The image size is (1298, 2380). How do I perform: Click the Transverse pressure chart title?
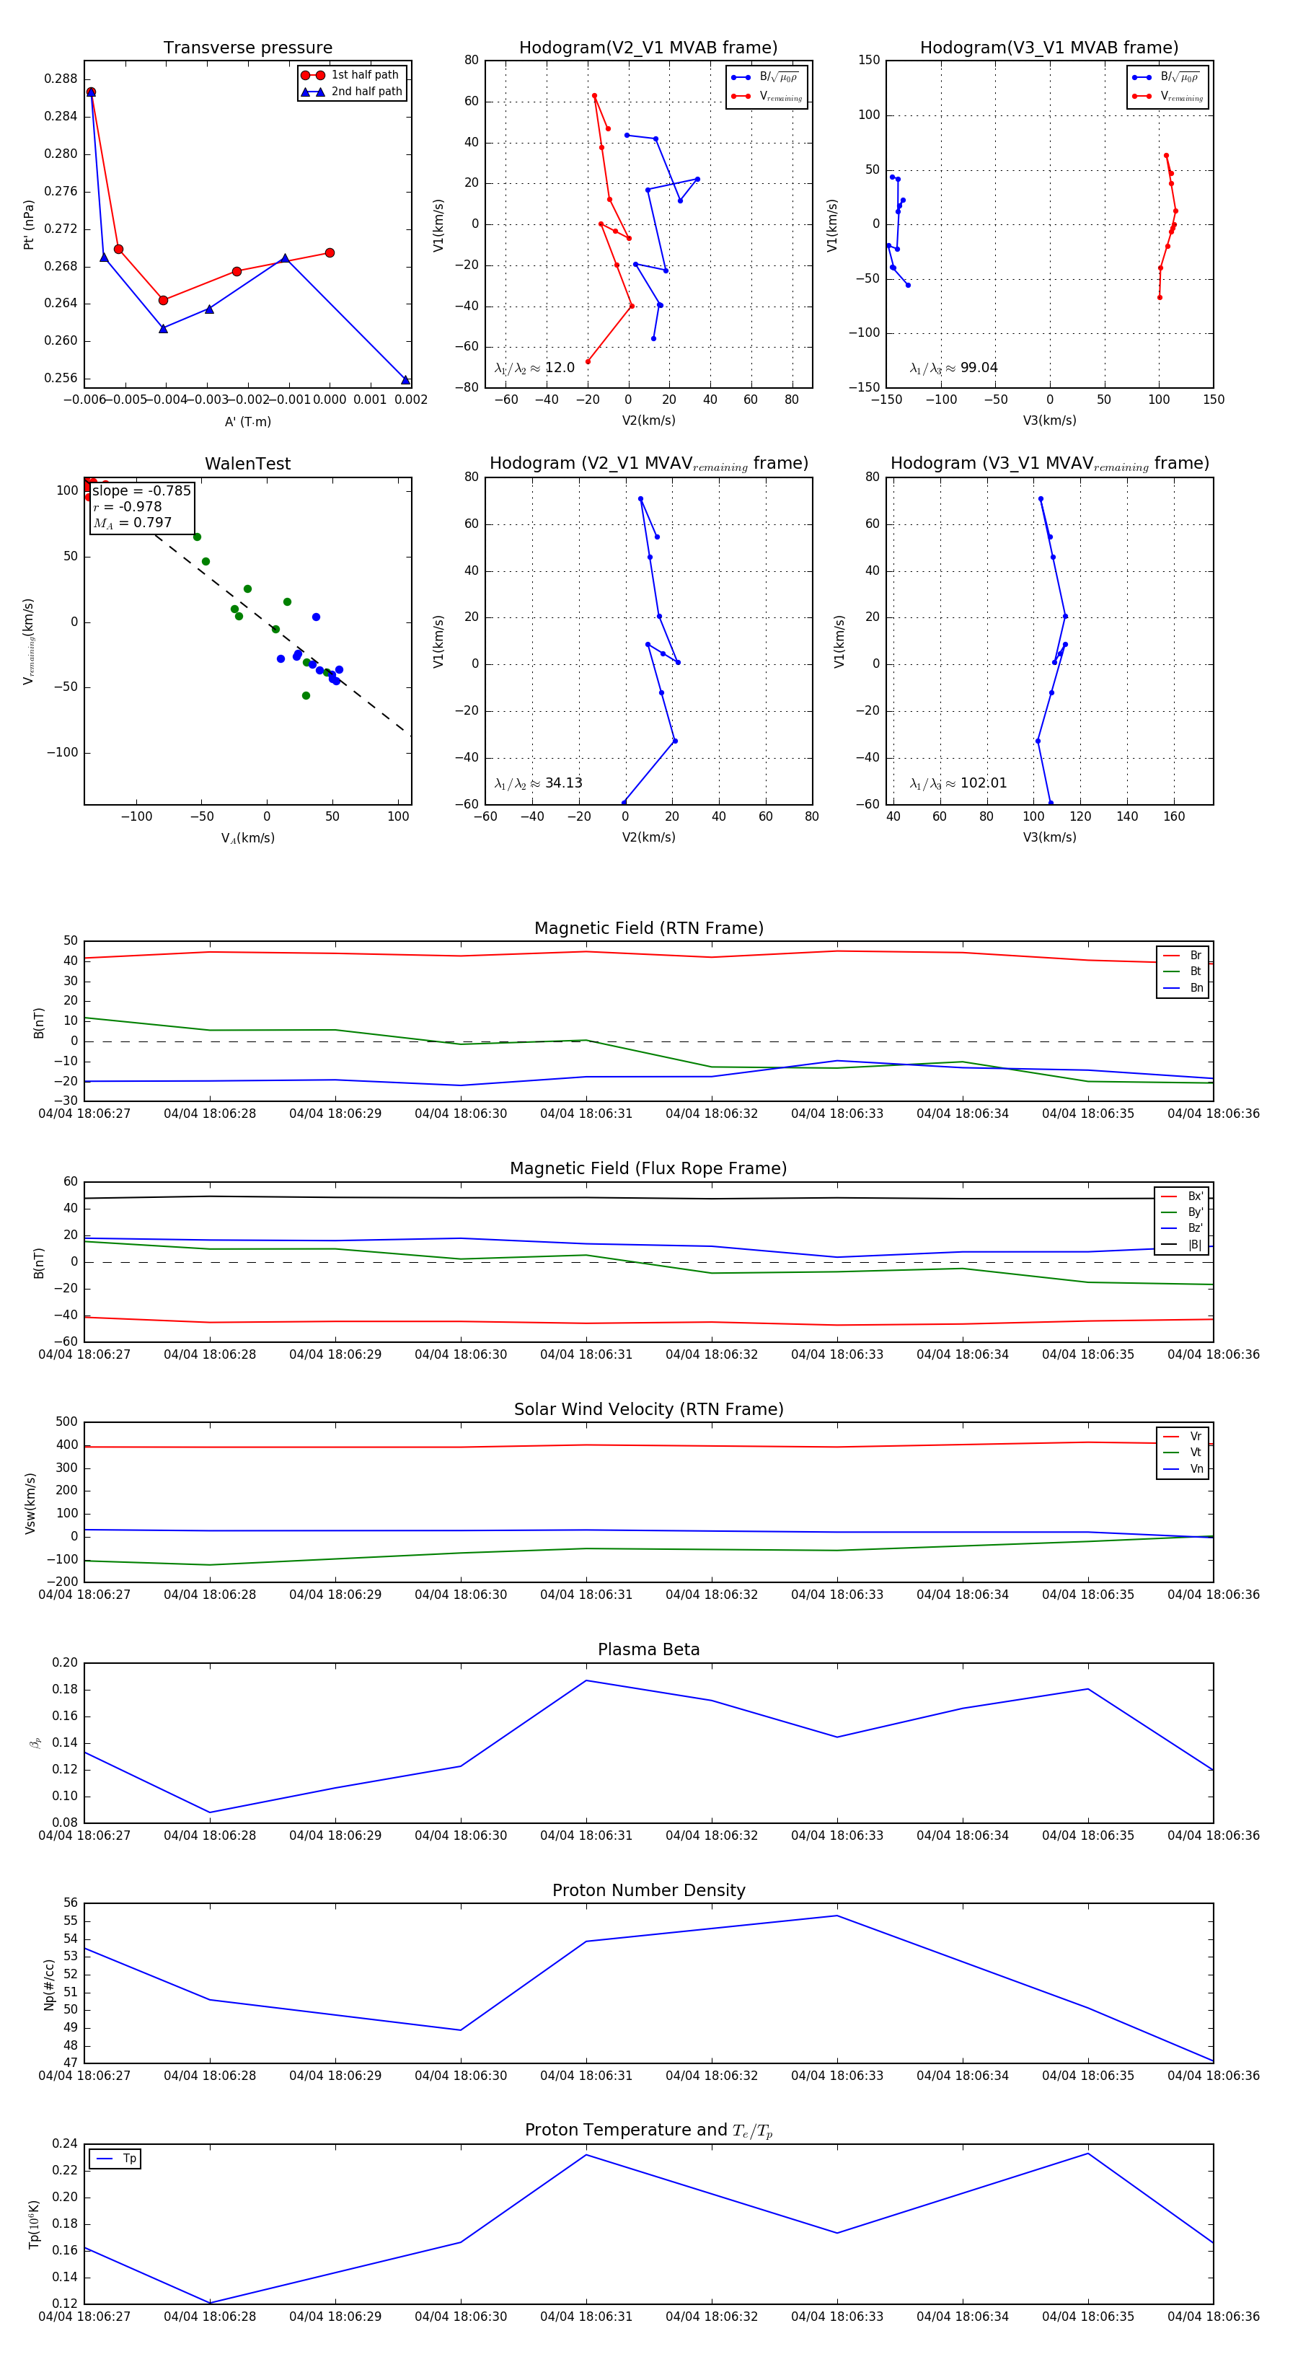point(247,48)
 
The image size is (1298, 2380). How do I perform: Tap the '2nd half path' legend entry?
point(366,92)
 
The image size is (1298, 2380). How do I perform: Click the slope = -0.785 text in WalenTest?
point(141,490)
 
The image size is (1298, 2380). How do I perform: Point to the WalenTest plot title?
point(247,464)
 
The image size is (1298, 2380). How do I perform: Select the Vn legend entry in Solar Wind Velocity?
point(1196,1468)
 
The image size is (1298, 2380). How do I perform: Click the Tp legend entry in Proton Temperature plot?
point(128,2159)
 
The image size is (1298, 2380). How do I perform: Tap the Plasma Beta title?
point(648,1649)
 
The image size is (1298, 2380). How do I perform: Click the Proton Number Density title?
point(648,1890)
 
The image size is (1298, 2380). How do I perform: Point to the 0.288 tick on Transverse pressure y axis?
point(61,79)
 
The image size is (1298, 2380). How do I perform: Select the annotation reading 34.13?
point(563,783)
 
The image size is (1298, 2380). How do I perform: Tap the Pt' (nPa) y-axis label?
point(29,224)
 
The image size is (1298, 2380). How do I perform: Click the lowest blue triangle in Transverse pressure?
point(405,380)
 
